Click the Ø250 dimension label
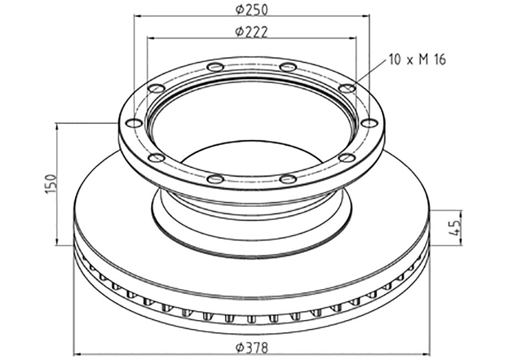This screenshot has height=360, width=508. pos(251,9)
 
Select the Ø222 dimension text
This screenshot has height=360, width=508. pos(251,32)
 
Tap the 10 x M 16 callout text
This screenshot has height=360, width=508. pos(417,60)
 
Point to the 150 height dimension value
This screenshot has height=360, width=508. pos(50,183)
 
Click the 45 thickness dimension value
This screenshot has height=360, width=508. pos(455,227)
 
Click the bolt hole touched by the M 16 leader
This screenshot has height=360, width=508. pos(347,88)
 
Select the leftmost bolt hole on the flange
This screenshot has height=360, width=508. pos(133,123)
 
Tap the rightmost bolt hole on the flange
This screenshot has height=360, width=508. pos(368,123)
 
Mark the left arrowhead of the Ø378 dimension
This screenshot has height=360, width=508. pos(78,354)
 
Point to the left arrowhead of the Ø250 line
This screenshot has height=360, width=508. pos(137,16)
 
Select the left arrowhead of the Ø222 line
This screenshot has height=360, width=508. pos(151,38)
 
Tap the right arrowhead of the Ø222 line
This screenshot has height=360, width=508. pos(353,38)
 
